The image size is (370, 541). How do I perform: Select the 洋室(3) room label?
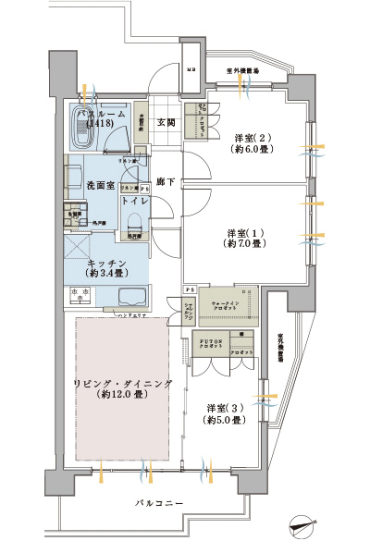click(225, 408)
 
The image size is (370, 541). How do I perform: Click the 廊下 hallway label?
click(166, 182)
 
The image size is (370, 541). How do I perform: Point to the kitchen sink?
click(131, 298)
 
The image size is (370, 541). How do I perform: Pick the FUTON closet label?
click(209, 342)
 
